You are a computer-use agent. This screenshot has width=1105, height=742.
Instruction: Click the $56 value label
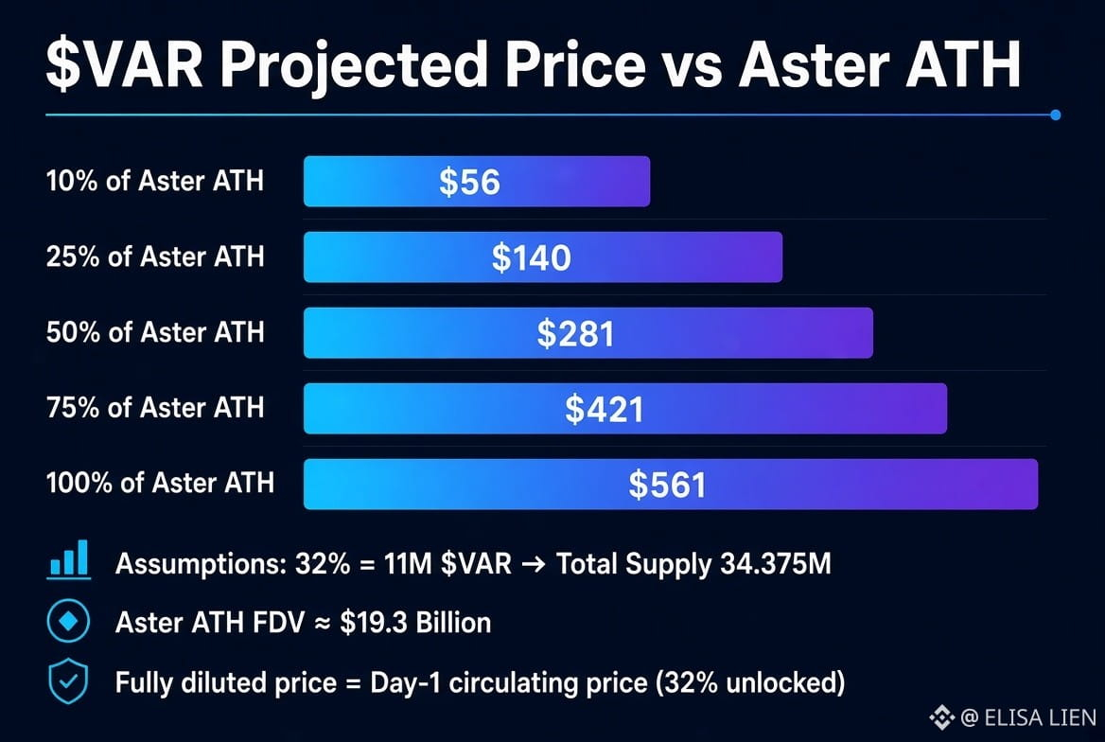(x=469, y=182)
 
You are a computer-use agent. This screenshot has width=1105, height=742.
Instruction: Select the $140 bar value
(x=532, y=257)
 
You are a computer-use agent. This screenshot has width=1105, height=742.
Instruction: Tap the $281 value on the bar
(x=576, y=333)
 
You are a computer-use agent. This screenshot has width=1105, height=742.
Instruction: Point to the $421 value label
(x=605, y=409)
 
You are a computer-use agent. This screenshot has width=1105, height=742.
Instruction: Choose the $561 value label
(x=667, y=485)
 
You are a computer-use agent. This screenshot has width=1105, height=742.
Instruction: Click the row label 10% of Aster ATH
(x=155, y=182)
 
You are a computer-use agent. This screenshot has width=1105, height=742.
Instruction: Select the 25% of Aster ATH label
(x=155, y=256)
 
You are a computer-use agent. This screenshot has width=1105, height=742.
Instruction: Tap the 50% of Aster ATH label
(x=155, y=332)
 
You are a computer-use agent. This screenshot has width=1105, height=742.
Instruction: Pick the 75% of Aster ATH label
(x=155, y=408)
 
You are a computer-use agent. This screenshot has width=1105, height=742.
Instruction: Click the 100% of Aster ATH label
(x=160, y=483)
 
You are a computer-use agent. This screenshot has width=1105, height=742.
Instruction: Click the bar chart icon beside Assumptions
(x=69, y=560)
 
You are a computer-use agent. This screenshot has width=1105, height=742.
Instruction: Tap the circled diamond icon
(x=68, y=621)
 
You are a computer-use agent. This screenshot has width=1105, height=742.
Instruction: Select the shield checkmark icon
(x=68, y=681)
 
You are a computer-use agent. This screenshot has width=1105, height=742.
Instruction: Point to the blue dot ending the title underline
(x=1055, y=115)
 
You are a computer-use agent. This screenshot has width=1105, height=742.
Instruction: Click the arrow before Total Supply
(x=534, y=564)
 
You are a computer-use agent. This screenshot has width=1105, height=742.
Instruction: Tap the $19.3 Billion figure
(x=415, y=623)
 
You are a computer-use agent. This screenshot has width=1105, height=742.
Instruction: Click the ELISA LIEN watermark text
(x=1040, y=718)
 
